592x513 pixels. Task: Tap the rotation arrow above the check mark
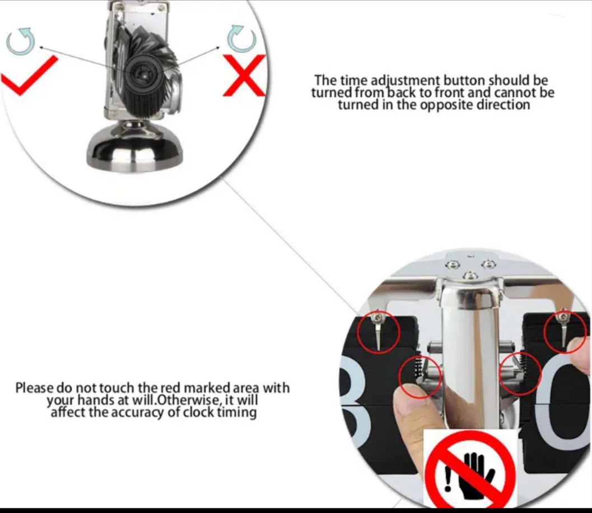coord(21,41)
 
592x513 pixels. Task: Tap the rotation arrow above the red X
coord(241,39)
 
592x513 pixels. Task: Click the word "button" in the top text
coord(464,81)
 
